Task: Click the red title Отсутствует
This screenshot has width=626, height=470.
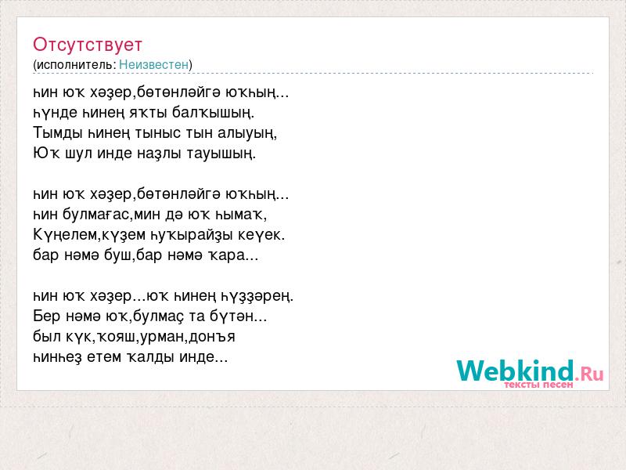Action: pos(88,45)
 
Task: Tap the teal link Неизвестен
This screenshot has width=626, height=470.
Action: pos(153,64)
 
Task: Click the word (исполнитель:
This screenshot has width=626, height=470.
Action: pos(74,65)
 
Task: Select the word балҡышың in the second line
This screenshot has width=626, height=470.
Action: pos(213,113)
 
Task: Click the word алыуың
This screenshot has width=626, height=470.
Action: pos(247,133)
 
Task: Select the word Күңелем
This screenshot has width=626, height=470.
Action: pos(66,235)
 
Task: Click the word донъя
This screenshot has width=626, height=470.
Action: pos(212,337)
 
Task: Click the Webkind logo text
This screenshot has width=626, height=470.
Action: pos(515,371)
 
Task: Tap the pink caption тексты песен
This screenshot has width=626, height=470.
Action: pos(538,385)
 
